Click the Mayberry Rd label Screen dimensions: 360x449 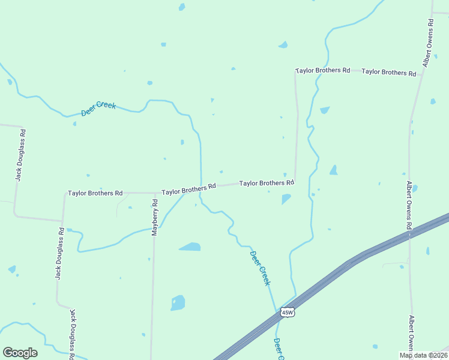tap(154, 217)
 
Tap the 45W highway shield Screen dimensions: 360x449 tap(288, 313)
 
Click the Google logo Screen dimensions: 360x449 tap(20, 353)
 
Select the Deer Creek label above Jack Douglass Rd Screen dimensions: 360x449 tap(98, 109)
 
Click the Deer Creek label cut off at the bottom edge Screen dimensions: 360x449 tap(278, 350)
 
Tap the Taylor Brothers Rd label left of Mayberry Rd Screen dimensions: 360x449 tap(95, 193)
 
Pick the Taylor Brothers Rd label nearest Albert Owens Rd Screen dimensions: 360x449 tap(388, 72)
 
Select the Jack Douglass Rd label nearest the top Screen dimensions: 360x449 tap(20, 155)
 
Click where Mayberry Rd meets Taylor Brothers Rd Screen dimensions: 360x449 tap(154, 193)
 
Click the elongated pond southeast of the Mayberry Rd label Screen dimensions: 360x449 tap(190, 247)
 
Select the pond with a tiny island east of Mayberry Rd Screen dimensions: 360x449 tap(178, 302)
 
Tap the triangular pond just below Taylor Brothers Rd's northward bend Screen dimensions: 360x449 tap(286, 198)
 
